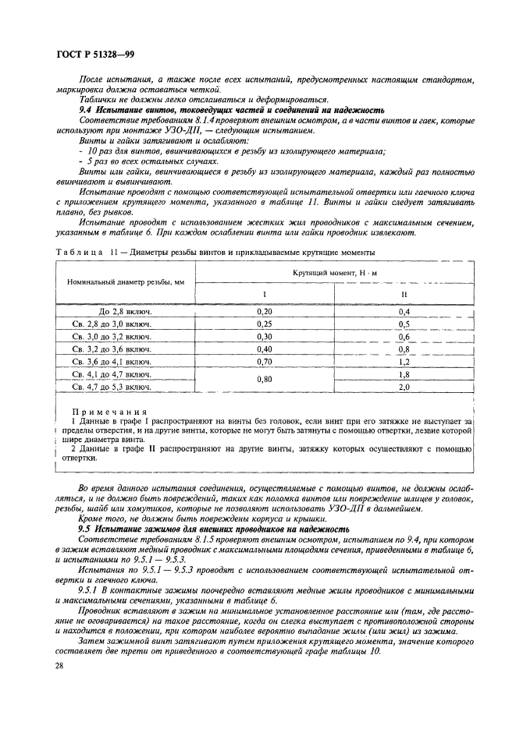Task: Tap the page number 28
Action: (x=59, y=665)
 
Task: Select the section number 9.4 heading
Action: (x=88, y=111)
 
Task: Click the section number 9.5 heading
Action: (x=88, y=529)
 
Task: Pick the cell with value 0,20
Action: (x=265, y=310)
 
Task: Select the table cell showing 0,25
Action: (x=265, y=324)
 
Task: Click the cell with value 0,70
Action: (x=265, y=362)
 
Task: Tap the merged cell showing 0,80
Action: (x=265, y=380)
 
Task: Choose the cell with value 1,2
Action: (x=404, y=362)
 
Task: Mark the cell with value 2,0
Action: (x=404, y=387)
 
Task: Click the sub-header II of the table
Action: (x=404, y=294)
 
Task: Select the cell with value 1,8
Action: (x=404, y=374)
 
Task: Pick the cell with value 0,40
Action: (x=265, y=349)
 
